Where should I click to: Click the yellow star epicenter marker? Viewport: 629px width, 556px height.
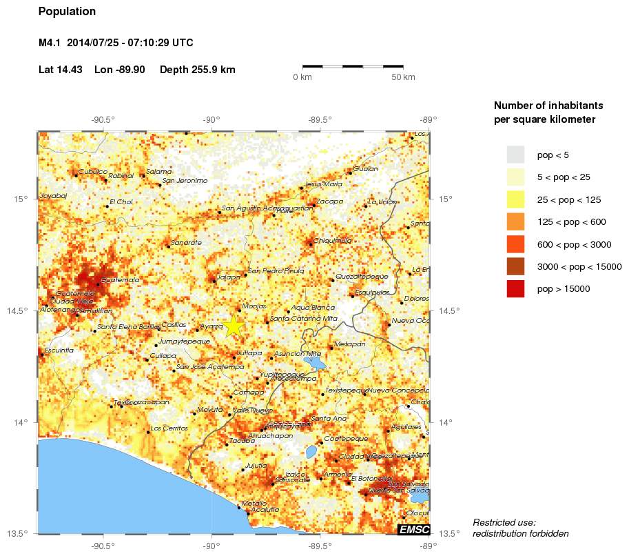(234, 326)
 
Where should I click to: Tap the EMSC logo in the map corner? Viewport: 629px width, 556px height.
(413, 529)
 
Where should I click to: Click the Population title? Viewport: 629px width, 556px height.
(67, 12)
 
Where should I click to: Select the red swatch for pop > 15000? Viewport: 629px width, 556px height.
(515, 289)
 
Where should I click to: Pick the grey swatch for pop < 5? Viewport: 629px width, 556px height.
(515, 155)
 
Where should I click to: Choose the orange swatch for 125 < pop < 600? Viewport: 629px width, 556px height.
(515, 222)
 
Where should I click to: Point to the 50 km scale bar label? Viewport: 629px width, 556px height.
(403, 77)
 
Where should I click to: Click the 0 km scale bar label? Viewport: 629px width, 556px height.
(302, 77)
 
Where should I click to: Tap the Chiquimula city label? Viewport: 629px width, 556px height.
(333, 241)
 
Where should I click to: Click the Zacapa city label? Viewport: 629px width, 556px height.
(329, 201)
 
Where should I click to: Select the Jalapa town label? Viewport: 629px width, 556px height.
(228, 277)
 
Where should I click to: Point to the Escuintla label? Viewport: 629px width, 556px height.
(59, 350)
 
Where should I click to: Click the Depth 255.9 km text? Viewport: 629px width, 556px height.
(197, 70)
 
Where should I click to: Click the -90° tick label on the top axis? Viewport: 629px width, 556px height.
(212, 119)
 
